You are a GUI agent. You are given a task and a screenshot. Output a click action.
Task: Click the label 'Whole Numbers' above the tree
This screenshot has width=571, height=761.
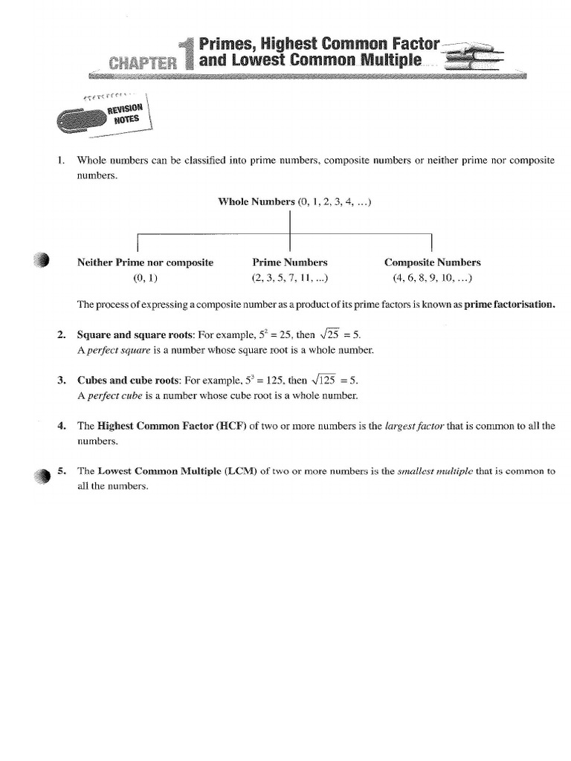(257, 202)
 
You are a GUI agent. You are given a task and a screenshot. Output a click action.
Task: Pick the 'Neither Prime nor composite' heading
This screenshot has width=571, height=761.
(145, 262)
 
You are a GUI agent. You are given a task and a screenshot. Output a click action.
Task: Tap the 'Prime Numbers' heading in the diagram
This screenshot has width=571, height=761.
(290, 262)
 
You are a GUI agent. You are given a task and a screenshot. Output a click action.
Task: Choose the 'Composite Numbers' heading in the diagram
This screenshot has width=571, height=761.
(432, 262)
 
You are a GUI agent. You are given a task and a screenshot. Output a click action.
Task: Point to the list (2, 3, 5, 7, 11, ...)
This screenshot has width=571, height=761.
(290, 279)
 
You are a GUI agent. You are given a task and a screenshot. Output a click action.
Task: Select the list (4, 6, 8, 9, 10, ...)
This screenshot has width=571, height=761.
(432, 279)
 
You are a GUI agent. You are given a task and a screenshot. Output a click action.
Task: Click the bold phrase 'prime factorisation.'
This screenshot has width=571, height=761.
(509, 305)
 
